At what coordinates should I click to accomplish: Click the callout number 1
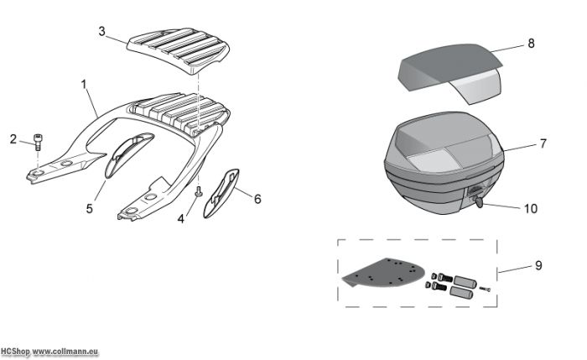[84, 84]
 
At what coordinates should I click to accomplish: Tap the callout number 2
[13, 139]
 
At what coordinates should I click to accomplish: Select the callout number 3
[101, 31]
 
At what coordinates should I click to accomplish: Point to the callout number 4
[181, 219]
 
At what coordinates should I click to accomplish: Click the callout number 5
[89, 209]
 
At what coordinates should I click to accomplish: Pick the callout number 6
[257, 199]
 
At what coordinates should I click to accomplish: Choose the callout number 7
[543, 143]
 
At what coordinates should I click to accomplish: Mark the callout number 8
[531, 44]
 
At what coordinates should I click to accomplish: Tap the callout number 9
[538, 266]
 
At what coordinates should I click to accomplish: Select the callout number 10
[531, 209]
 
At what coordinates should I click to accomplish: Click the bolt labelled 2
[38, 143]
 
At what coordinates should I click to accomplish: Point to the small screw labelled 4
[199, 191]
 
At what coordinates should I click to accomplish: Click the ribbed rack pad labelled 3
[178, 50]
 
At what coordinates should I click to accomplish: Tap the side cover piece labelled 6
[221, 193]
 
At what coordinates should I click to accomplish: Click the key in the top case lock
[479, 202]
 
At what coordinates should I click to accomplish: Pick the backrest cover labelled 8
[450, 72]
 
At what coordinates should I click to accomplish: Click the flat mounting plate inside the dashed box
[384, 273]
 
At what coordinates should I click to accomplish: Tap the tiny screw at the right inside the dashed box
[485, 289]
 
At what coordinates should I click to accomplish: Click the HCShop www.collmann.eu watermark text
[49, 352]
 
